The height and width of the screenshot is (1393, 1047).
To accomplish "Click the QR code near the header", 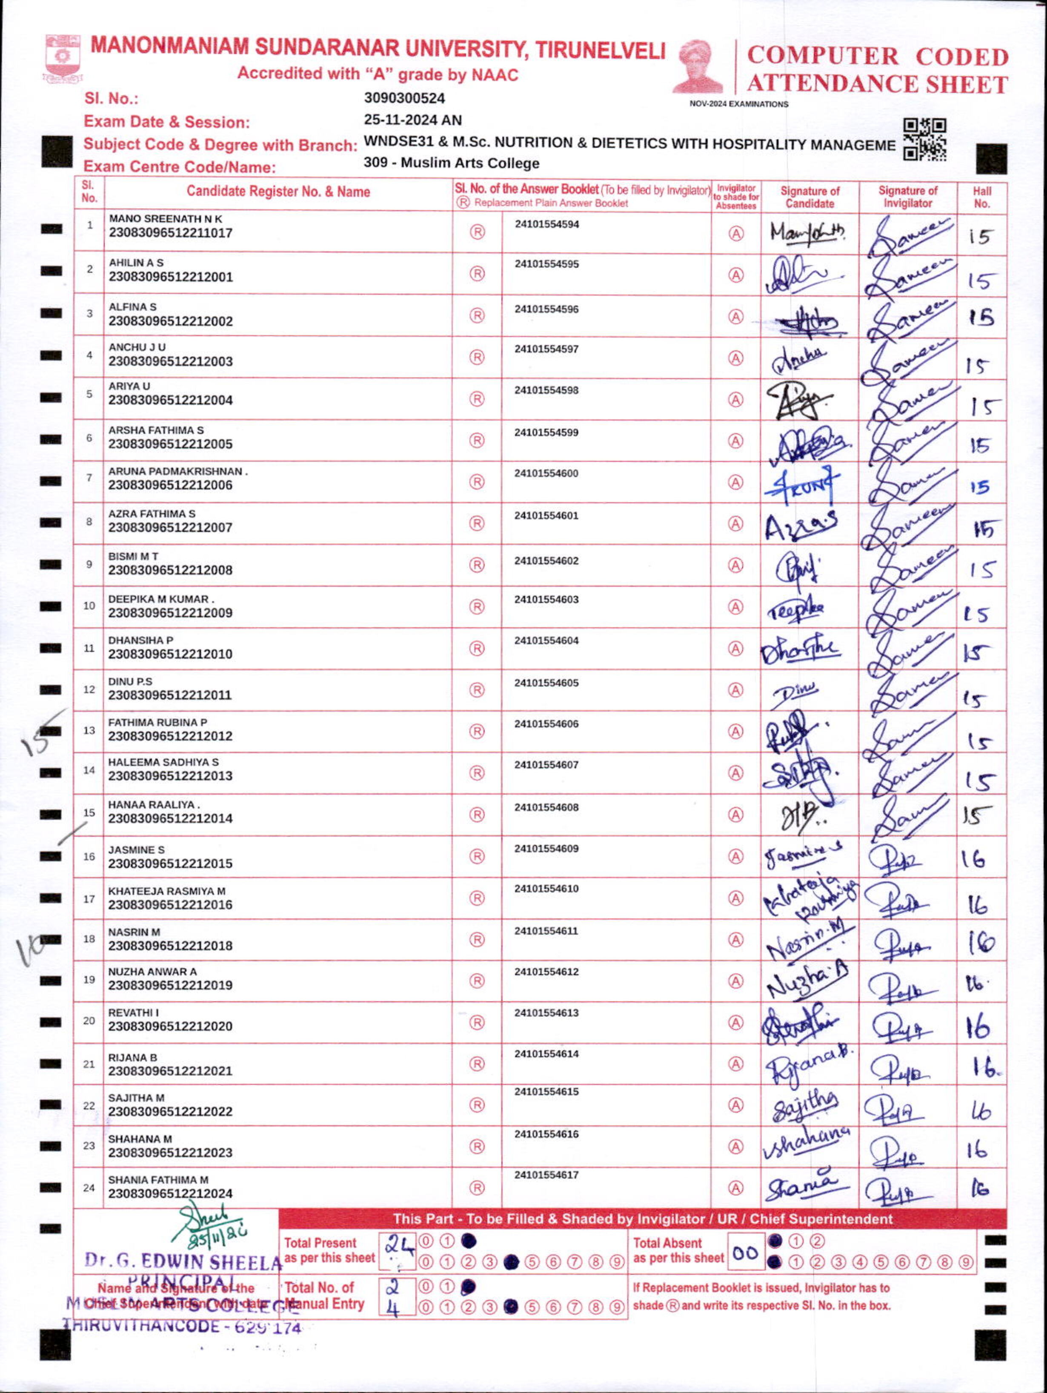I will (924, 140).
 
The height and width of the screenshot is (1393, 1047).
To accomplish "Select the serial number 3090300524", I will (404, 98).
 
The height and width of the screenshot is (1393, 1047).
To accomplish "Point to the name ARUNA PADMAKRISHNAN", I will (176, 471).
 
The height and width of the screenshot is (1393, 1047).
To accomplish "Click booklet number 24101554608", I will (546, 807).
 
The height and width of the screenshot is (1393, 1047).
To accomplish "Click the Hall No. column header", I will (981, 197).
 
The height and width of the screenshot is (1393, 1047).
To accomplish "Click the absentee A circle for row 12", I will (735, 690).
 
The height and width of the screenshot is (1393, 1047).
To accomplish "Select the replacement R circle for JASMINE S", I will (477, 856).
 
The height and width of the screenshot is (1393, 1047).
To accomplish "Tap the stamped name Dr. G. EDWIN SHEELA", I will (183, 1261).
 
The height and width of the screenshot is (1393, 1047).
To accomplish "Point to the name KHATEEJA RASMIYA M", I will (166, 891).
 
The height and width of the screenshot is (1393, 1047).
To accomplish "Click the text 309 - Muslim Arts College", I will (452, 163).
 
